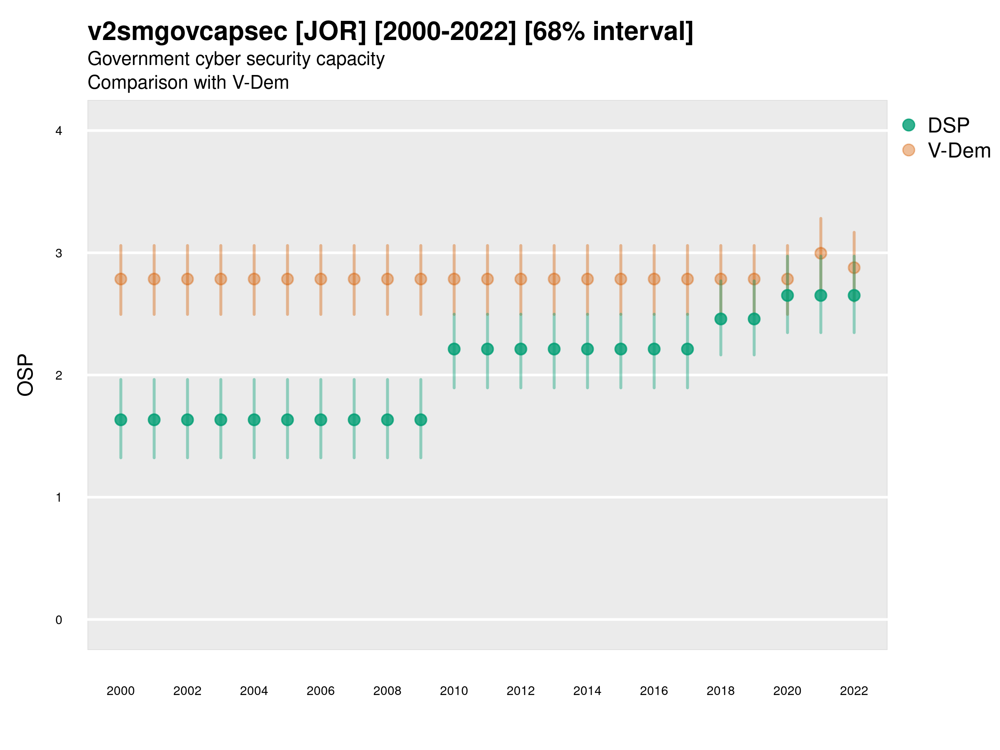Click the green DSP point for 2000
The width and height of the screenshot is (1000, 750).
[x=121, y=420]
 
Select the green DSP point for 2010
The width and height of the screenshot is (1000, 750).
[x=454, y=349]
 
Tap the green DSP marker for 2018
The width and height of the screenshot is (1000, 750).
[x=720, y=319]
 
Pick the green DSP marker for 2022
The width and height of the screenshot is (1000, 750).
[x=854, y=296]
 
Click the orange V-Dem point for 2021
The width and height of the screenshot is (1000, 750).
[x=820, y=253]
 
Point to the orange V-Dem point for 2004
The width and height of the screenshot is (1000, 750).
[x=254, y=280]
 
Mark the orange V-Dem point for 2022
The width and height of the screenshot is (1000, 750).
[x=854, y=267]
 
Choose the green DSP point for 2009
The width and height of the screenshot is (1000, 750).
[x=421, y=420]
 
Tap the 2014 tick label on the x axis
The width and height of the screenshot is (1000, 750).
[x=587, y=691]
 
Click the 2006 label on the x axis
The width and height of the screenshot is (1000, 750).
[x=320, y=691]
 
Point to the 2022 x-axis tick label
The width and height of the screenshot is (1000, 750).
[x=854, y=691]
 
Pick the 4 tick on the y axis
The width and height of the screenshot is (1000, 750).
[x=59, y=131]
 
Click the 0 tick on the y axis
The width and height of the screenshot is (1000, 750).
[x=59, y=620]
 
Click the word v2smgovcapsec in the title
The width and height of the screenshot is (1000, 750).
[x=187, y=32]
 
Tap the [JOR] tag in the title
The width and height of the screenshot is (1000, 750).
[x=330, y=32]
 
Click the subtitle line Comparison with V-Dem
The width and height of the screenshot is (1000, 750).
[x=188, y=83]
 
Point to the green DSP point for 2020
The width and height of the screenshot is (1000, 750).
[x=787, y=296]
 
